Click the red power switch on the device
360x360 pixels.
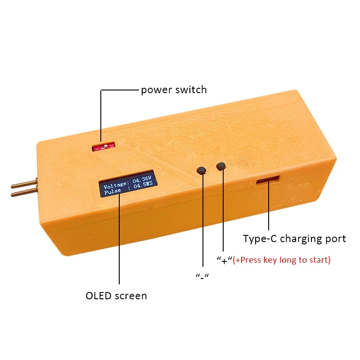coord(103,147)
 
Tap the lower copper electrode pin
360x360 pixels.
coord(24,193)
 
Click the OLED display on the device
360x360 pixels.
coord(128,184)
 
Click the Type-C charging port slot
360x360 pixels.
coord(268,180)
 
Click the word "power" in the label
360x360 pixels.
coord(156,90)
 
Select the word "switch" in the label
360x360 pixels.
coord(191,89)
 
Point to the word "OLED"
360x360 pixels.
coord(99,296)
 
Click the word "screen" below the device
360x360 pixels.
coord(131,296)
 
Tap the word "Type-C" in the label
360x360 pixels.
coord(260,239)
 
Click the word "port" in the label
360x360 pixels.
coord(336,239)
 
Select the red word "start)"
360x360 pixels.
coord(320,260)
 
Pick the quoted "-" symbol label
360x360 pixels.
coord(202,276)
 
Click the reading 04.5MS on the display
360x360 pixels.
coord(143,185)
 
